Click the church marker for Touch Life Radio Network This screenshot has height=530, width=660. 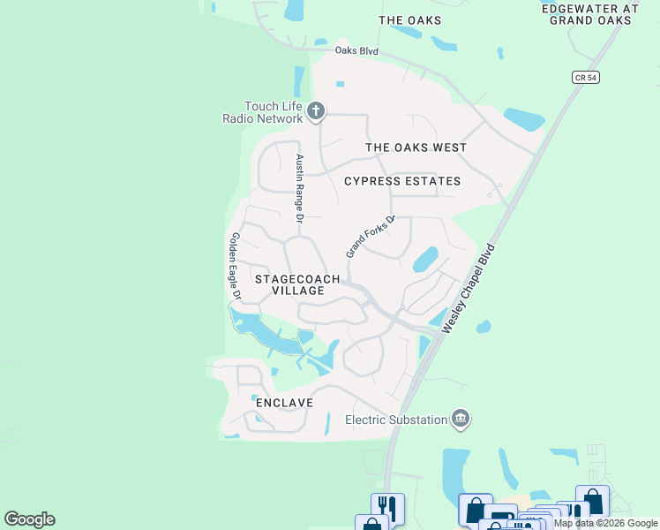317,112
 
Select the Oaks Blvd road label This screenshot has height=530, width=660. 356,51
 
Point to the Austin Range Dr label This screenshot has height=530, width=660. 300,187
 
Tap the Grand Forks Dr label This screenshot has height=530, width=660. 368,237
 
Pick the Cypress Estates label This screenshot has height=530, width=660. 402,181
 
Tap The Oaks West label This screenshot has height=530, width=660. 416,148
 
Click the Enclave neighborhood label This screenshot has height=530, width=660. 285,403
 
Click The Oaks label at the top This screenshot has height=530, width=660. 409,19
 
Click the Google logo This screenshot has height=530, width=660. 29,519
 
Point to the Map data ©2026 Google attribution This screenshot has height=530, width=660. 605,523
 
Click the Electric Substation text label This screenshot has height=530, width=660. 396,420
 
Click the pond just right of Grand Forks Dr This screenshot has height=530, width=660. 424,259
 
